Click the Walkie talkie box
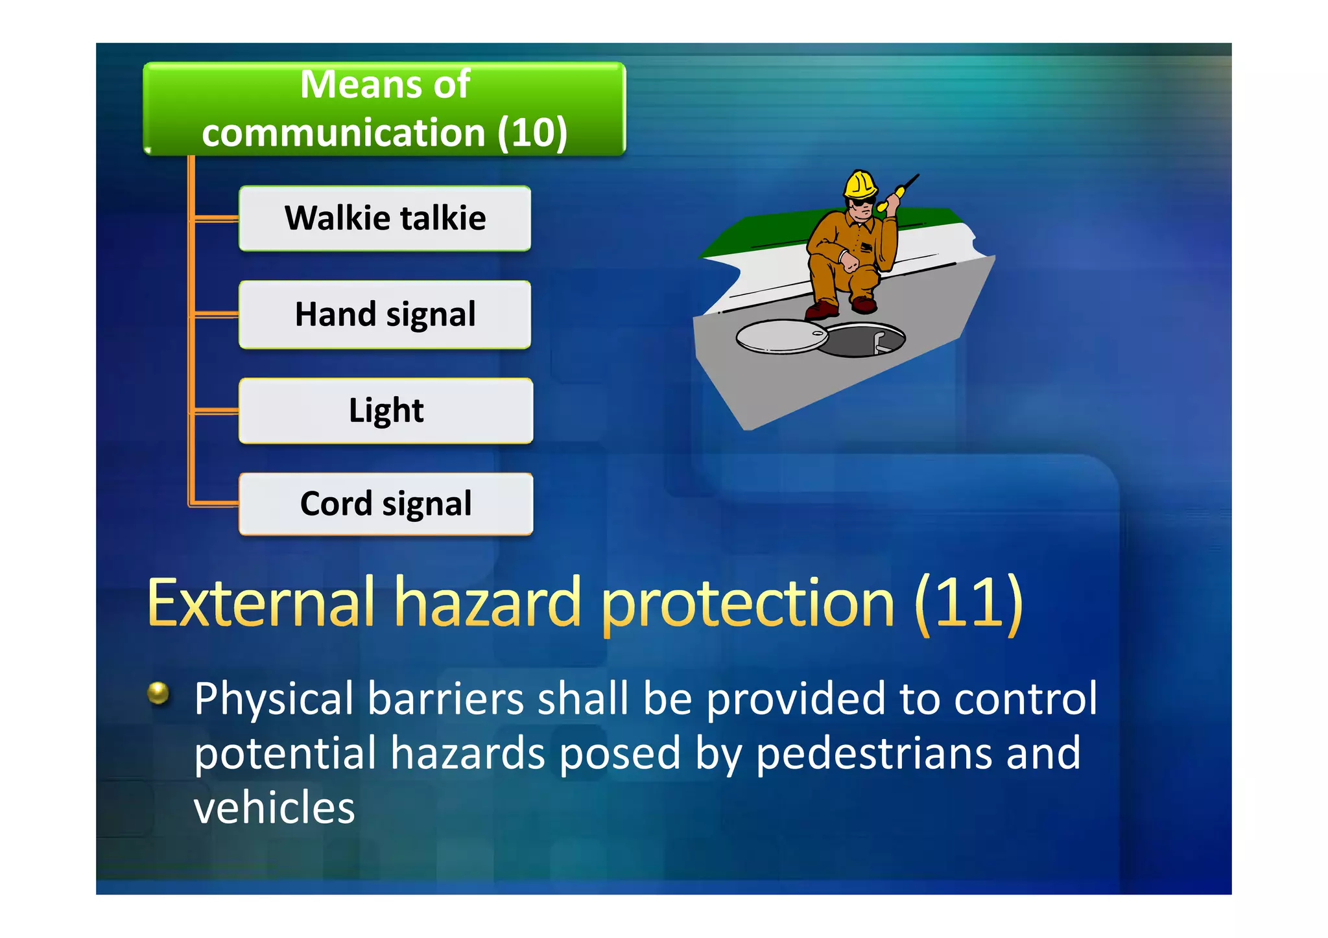[x=385, y=218]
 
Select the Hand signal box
[x=385, y=315]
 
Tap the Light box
[x=386, y=411]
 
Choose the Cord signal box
[x=386, y=504]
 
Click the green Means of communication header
[x=385, y=109]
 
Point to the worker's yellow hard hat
[x=860, y=184]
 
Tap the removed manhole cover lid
[x=781, y=337]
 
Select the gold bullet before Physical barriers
[x=158, y=693]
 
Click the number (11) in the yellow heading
[x=968, y=604]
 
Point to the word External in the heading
[x=261, y=604]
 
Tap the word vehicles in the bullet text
[x=274, y=808]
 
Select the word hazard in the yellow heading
[x=488, y=604]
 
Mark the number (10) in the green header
[x=532, y=133]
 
